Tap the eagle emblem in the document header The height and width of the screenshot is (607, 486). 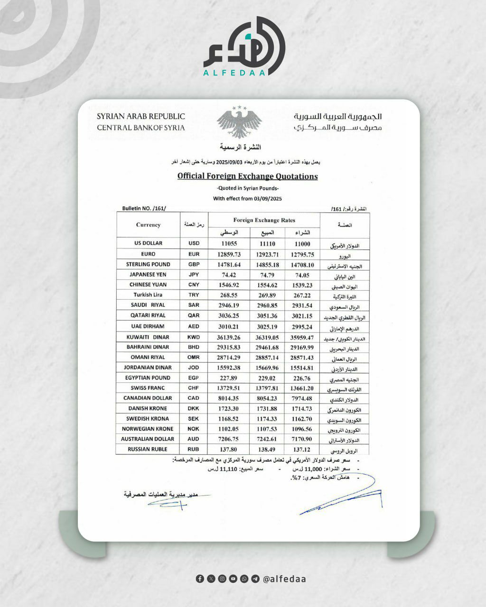(x=239, y=122)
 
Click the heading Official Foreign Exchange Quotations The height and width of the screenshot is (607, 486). (x=247, y=176)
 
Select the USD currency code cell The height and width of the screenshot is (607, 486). (x=194, y=243)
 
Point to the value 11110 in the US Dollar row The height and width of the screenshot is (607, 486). (x=267, y=244)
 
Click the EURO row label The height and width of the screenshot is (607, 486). (x=148, y=254)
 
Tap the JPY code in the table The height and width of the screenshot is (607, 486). (x=194, y=275)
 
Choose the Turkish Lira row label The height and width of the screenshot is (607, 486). (x=148, y=295)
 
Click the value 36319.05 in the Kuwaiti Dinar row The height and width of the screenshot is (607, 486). (x=267, y=337)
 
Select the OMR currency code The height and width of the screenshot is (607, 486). (x=194, y=357)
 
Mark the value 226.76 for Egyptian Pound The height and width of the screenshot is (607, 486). (x=302, y=378)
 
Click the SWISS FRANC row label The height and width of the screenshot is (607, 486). (x=148, y=388)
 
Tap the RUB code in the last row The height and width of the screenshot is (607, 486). (x=194, y=449)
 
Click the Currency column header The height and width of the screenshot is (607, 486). (x=148, y=225)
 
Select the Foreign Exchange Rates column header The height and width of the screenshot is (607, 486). (x=264, y=220)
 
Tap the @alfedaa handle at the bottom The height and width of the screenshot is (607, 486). (x=284, y=579)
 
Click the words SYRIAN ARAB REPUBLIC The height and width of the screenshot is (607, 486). (x=141, y=116)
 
